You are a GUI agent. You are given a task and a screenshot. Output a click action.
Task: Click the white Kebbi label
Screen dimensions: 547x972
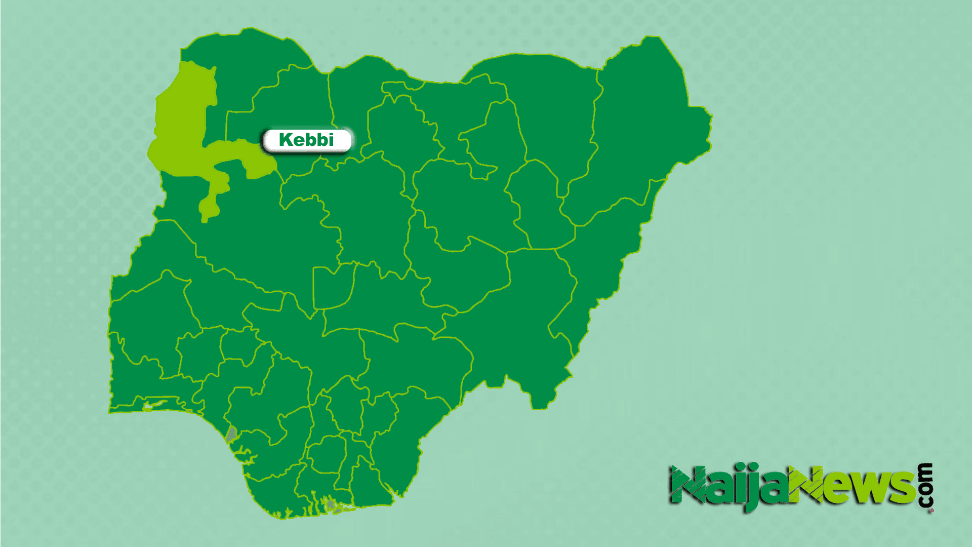(307, 140)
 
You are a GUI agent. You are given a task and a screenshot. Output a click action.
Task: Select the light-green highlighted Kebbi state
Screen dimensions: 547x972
(182, 127)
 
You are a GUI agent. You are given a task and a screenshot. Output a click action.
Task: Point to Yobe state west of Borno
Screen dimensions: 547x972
(552, 111)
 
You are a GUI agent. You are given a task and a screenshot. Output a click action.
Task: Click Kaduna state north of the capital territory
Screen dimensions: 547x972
(364, 213)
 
